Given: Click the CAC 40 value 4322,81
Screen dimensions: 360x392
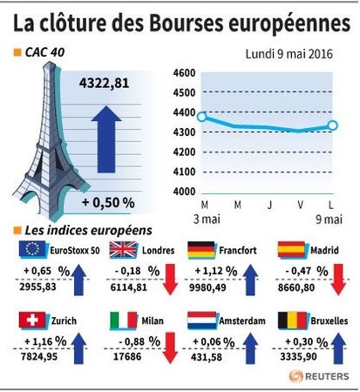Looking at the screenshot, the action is click(x=104, y=84).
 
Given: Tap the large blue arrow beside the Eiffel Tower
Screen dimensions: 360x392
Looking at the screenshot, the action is click(x=106, y=139).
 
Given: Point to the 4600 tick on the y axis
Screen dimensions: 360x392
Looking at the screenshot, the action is click(x=184, y=73).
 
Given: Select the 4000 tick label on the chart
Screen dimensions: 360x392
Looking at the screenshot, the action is click(x=184, y=192).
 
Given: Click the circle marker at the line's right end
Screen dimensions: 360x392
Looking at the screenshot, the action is click(x=333, y=125).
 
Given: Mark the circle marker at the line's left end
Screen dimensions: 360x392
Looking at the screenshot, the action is click(x=202, y=117).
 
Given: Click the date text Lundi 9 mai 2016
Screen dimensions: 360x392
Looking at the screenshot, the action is click(x=289, y=54).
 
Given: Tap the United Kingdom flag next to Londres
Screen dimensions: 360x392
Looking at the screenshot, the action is click(x=123, y=250).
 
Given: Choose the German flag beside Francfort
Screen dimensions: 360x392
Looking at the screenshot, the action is click(x=201, y=250).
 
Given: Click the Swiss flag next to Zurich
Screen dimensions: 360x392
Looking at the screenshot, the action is click(x=32, y=321).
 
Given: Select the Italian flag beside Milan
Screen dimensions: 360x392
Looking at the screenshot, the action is click(x=124, y=321).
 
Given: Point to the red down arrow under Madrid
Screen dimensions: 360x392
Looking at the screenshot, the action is click(x=338, y=280).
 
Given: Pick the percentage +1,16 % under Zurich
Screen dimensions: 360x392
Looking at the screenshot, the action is click(x=45, y=341).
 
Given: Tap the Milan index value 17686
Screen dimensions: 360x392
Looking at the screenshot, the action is click(x=127, y=356).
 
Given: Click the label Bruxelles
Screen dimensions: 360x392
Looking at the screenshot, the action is click(x=329, y=321).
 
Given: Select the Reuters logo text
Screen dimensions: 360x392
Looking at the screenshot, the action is click(x=327, y=376).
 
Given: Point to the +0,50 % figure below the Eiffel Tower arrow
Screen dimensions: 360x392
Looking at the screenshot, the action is click(x=108, y=202).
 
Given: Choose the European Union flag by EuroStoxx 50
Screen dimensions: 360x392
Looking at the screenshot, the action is click(x=32, y=249).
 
